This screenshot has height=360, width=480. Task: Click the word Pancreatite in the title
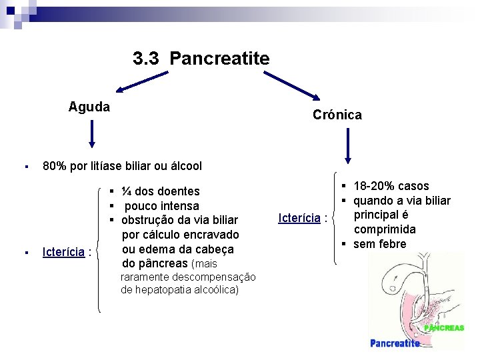(x=219, y=59)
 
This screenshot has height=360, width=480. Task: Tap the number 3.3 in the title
(x=147, y=59)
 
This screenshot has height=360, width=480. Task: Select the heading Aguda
(x=89, y=107)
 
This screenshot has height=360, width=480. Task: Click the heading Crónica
(x=337, y=115)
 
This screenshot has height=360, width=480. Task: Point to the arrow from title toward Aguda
(x=141, y=83)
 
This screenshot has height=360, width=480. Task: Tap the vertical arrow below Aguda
(x=92, y=133)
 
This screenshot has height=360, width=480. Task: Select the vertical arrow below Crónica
(x=347, y=146)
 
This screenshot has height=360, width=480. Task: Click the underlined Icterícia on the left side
(x=63, y=252)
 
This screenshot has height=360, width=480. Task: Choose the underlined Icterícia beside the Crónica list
(x=299, y=217)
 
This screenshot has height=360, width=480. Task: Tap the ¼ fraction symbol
(x=126, y=191)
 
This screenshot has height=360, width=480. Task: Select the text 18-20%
(x=374, y=186)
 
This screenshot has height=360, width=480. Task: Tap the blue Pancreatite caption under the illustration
(x=395, y=343)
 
